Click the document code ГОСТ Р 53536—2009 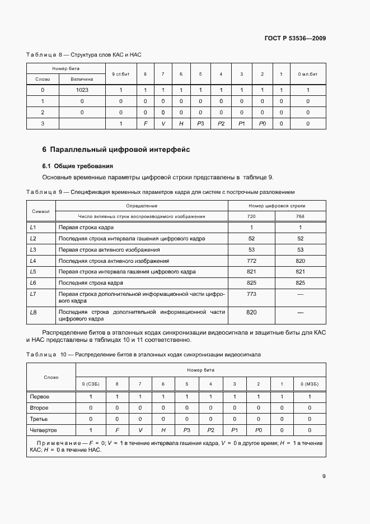tap(295, 39)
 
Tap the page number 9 tap(324, 476)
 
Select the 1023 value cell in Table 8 tap(82, 90)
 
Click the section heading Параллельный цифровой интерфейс tap(116, 150)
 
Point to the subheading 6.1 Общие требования tap(78, 166)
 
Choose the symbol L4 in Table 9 tap(32, 261)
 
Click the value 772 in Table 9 tap(251, 261)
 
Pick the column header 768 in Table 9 tap(300, 216)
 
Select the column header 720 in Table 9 tap(251, 216)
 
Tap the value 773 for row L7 tap(251, 294)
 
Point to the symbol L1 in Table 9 tap(32, 228)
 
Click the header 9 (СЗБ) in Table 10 tap(90, 383)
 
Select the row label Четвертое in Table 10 tap(43, 430)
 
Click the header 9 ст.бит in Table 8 tap(121, 74)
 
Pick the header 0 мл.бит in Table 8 tap(308, 74)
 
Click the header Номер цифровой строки tap(277, 206)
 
